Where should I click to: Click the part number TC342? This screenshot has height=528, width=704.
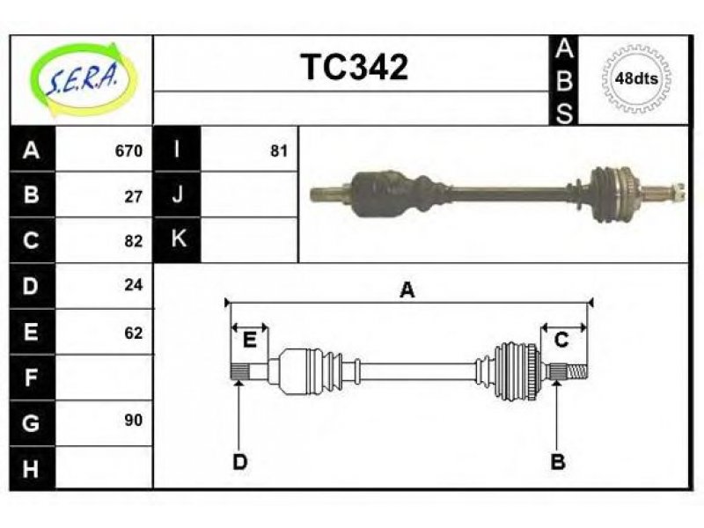point(355,67)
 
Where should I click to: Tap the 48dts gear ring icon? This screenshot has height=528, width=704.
point(636,78)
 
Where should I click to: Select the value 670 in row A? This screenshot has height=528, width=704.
point(128,150)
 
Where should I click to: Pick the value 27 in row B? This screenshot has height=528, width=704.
point(134,196)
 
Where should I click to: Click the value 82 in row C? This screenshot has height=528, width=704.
point(134,241)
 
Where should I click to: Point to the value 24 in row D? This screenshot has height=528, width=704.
point(134,284)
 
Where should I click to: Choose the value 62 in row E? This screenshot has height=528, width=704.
point(134,333)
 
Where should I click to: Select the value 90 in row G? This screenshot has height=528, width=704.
point(134,420)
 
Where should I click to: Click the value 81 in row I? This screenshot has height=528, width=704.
point(279,150)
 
